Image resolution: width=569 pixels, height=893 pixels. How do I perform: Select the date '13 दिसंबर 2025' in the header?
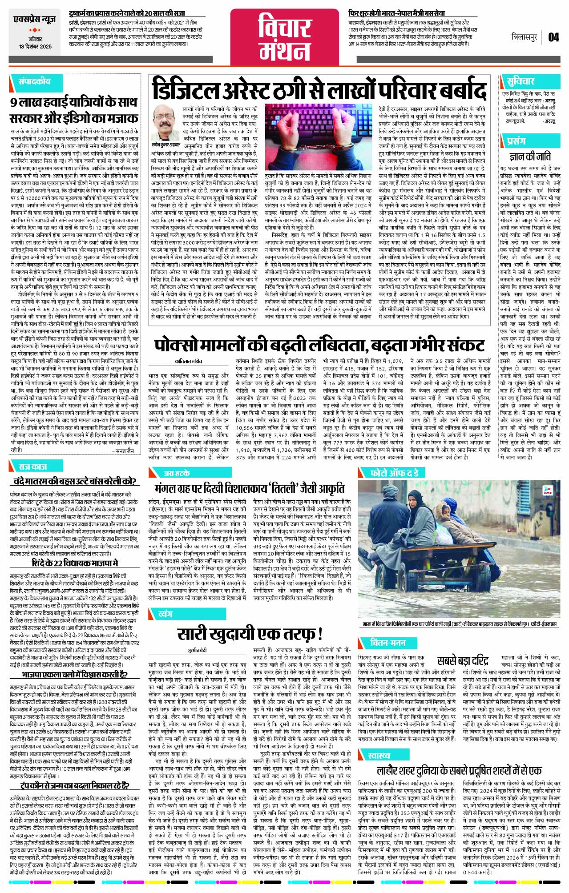click(35, 46)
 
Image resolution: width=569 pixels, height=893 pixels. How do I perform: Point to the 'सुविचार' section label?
click(520, 81)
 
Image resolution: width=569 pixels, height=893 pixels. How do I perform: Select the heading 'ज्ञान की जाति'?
click(530, 157)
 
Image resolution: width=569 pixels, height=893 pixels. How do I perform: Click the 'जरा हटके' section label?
click(177, 473)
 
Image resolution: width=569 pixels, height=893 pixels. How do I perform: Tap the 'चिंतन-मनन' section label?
click(388, 643)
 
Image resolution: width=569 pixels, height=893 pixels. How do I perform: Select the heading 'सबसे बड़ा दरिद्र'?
click(462, 660)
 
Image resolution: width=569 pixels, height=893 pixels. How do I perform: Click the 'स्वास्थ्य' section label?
click(379, 756)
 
